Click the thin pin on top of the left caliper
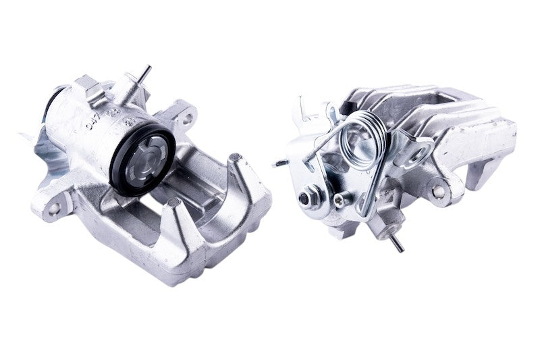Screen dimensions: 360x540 coord(143,74)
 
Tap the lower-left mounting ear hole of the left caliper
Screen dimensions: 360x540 coord(53,209)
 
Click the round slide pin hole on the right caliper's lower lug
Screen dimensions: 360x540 coord(439,191)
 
